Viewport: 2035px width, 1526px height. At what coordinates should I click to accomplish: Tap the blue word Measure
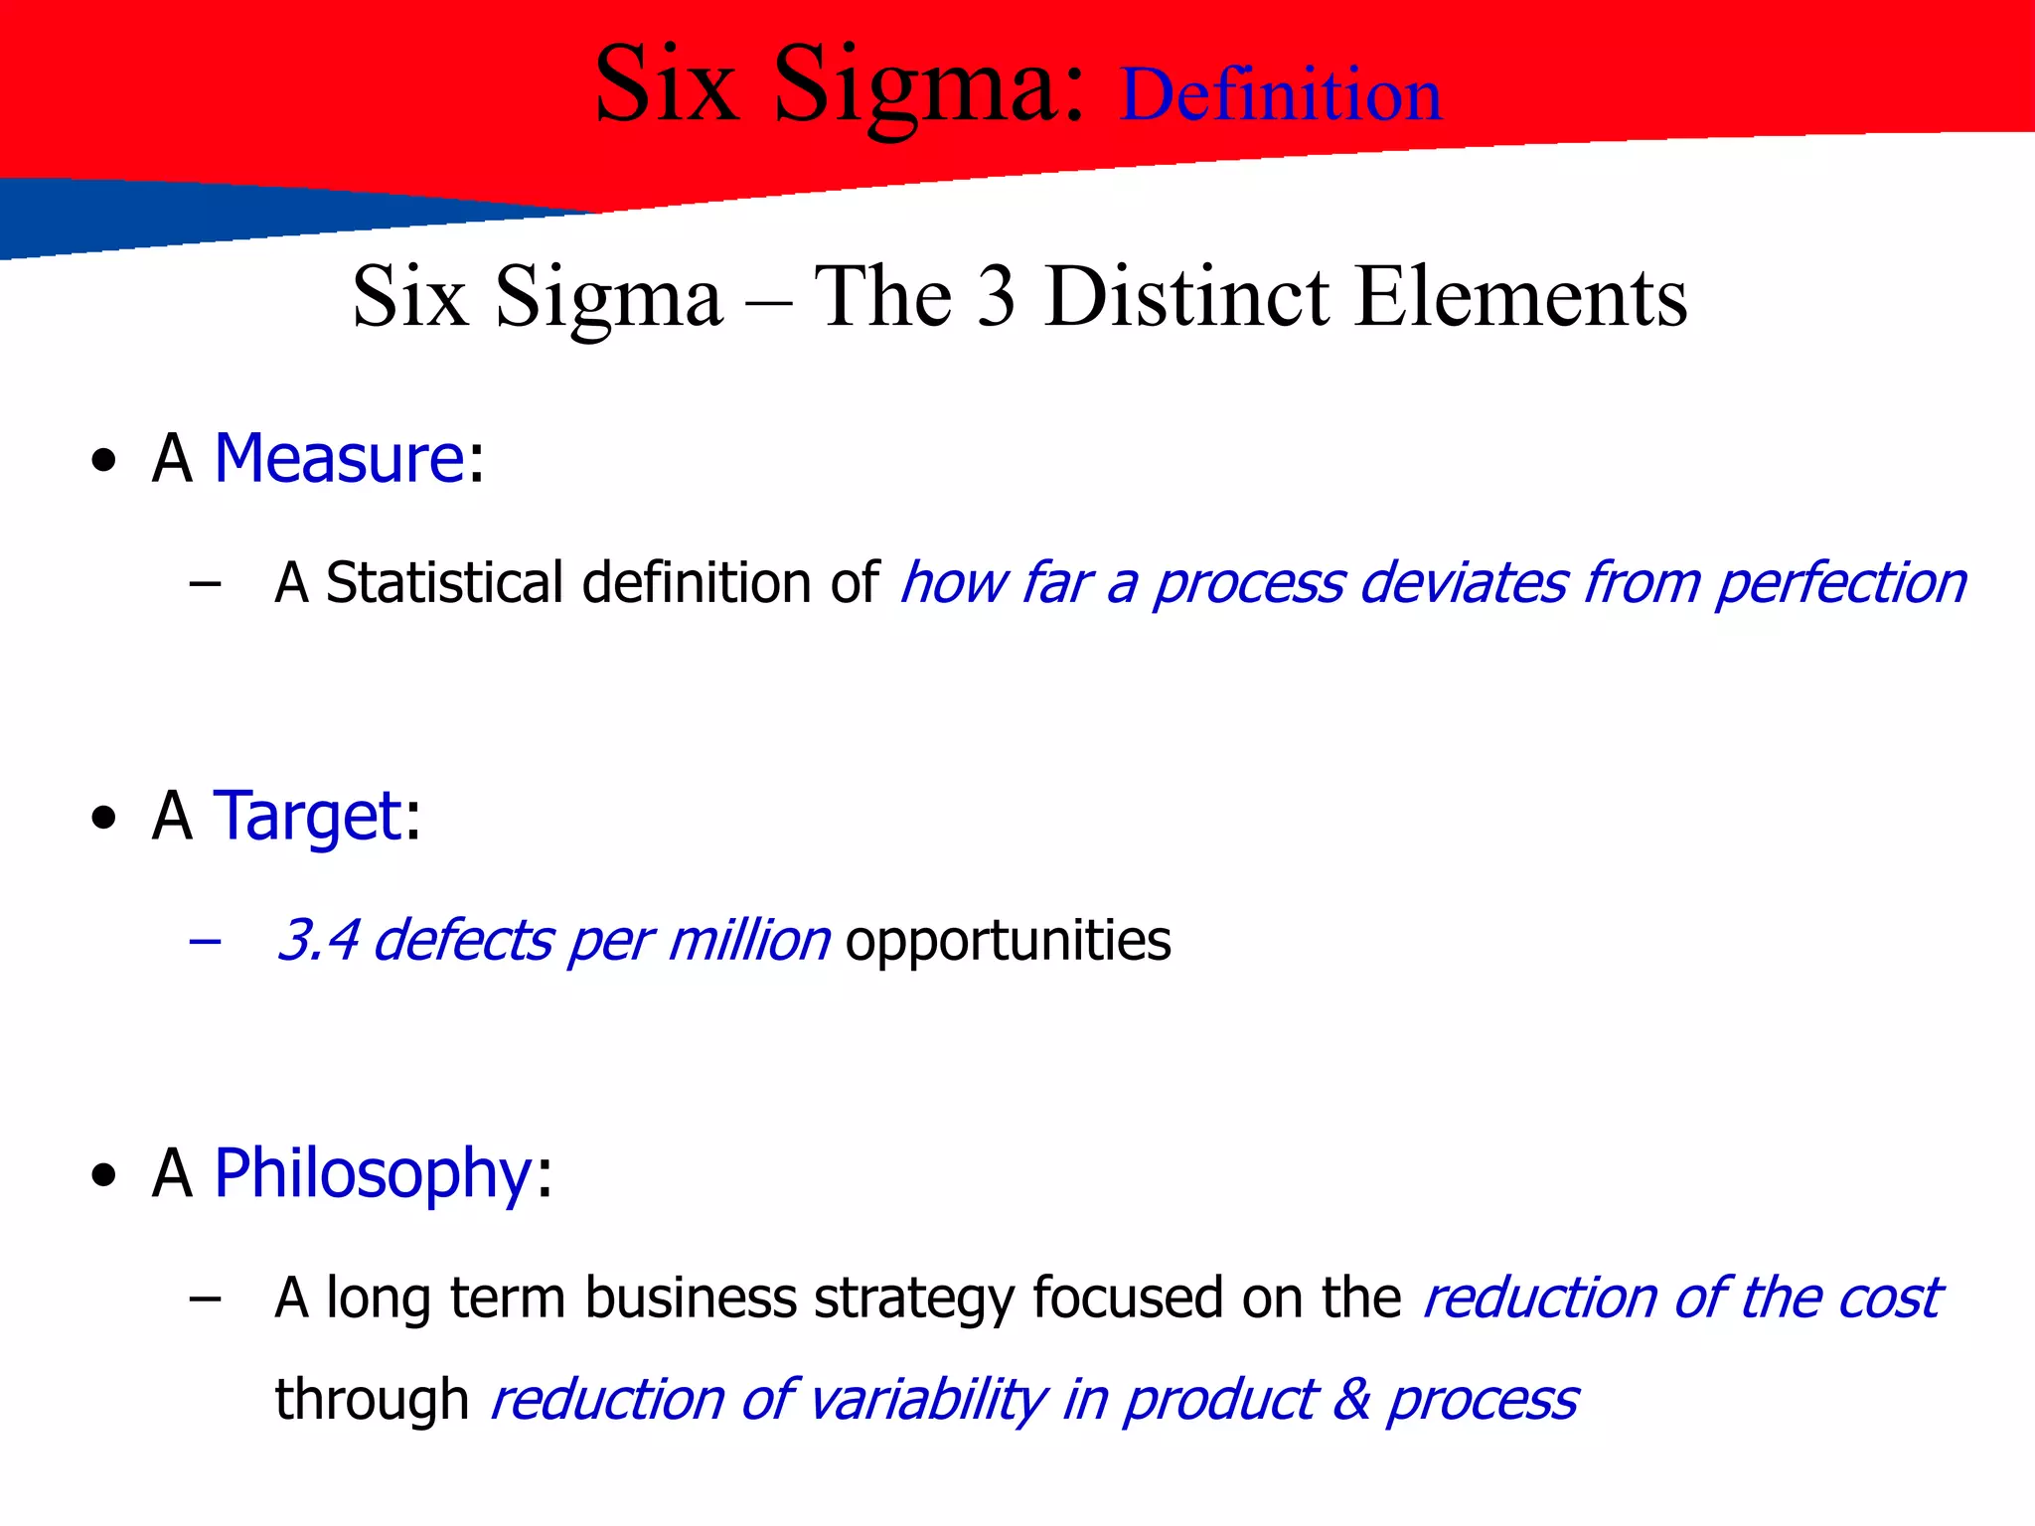pyautogui.click(x=339, y=459)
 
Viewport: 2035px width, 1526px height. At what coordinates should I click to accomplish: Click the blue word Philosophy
pyautogui.click(x=374, y=1174)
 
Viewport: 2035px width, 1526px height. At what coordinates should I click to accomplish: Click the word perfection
pyautogui.click(x=1840, y=583)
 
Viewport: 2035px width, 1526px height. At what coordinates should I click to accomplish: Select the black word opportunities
pyautogui.click(x=1008, y=941)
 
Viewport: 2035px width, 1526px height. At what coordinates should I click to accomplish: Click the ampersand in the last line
pyautogui.click(x=1351, y=1400)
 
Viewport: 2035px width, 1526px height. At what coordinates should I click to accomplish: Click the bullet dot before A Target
pyautogui.click(x=103, y=820)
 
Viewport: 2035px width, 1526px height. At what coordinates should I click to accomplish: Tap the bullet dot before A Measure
pyautogui.click(x=103, y=462)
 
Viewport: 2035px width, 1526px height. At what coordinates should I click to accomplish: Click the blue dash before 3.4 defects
pyautogui.click(x=205, y=941)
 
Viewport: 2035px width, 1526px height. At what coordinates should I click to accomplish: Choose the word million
pyautogui.click(x=748, y=940)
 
